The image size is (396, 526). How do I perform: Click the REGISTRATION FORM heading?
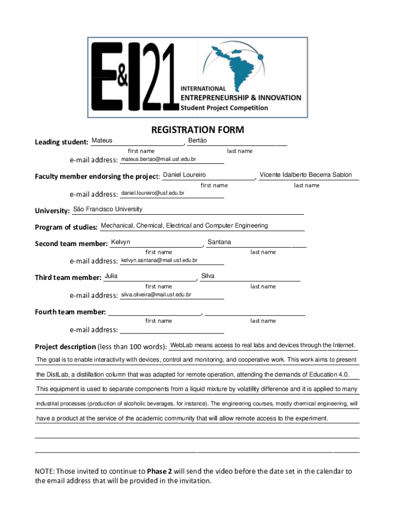197,130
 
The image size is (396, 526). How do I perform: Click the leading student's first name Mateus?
102,140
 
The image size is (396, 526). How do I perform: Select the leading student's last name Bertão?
197,140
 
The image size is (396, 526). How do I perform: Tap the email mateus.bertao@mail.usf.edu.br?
158,160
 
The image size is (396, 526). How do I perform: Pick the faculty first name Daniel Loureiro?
184,175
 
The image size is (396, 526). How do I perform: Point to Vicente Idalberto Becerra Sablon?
305,175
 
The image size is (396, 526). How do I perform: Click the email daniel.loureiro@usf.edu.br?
152,194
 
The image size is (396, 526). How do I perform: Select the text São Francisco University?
108,209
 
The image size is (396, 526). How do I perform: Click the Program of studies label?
66,227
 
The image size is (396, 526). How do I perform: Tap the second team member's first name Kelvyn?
120,242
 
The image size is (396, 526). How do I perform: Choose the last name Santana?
219,242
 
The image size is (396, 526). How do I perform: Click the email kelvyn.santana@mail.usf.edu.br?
159,261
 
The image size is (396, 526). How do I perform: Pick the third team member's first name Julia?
111,276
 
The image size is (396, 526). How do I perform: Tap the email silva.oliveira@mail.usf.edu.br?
156,295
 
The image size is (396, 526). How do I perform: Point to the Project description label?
65,347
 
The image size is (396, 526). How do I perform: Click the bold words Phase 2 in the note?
159,471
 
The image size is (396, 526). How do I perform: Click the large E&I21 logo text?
134,77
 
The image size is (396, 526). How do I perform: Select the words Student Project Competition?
224,108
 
